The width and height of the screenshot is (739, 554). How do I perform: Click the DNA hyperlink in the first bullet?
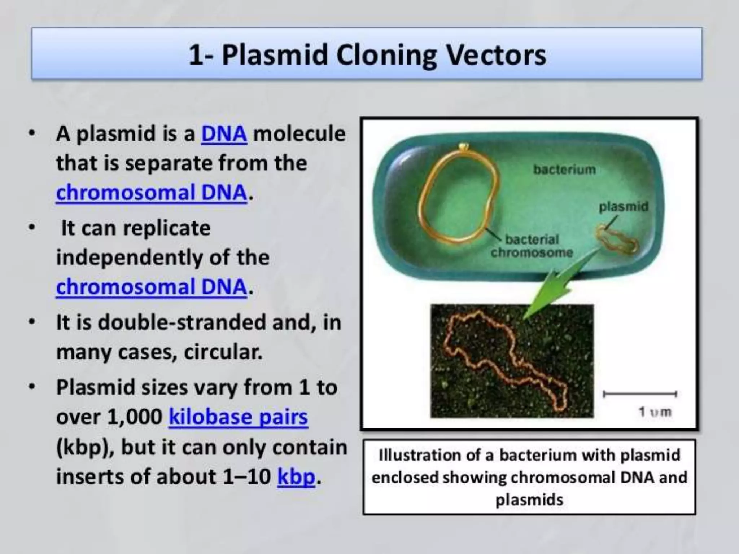pyautogui.click(x=224, y=133)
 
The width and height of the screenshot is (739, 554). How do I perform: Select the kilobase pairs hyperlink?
pyautogui.click(x=238, y=417)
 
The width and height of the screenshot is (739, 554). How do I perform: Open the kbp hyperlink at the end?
pyautogui.click(x=296, y=476)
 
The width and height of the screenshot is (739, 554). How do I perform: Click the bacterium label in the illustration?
pyautogui.click(x=564, y=170)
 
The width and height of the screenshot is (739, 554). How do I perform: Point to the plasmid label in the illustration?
pyautogui.click(x=624, y=207)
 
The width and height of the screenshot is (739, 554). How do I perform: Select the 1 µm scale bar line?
pyautogui.click(x=640, y=394)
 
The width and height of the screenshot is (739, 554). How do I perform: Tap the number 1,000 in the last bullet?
pyautogui.click(x=135, y=417)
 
